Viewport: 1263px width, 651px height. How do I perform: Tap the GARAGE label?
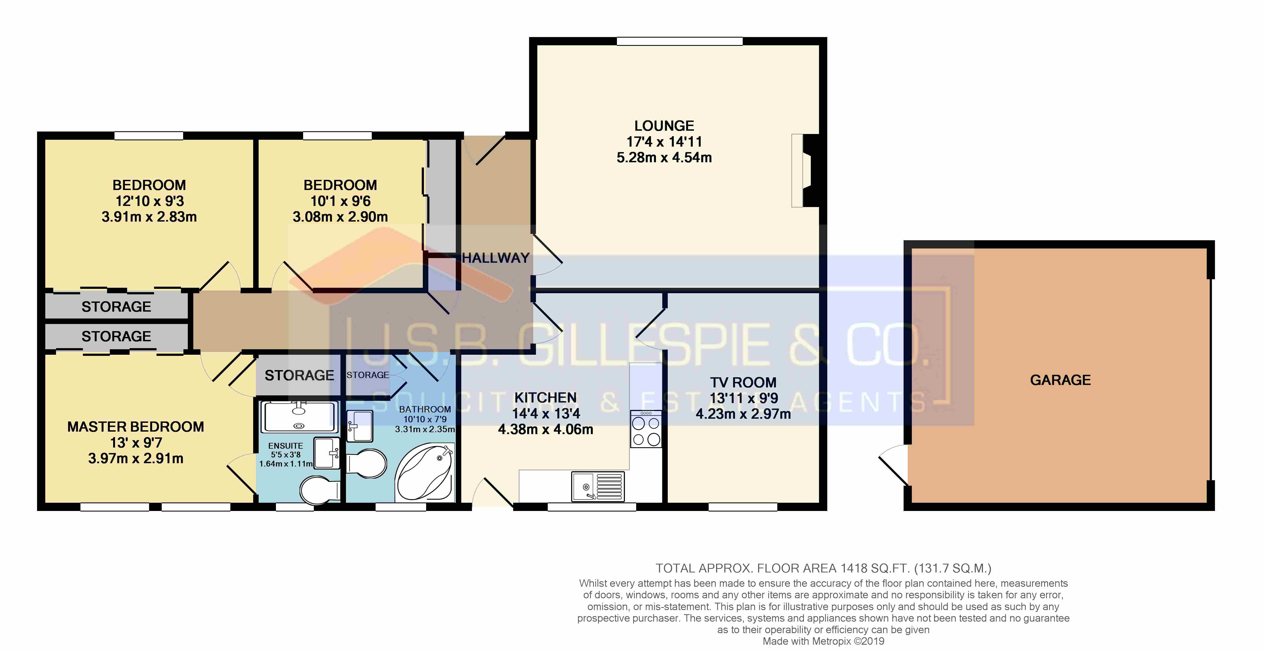tap(1060, 380)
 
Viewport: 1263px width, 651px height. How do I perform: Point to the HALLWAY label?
tap(495, 258)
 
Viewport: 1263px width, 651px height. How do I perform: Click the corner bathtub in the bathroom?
tap(424, 472)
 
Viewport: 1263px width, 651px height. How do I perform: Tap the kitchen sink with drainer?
tap(598, 486)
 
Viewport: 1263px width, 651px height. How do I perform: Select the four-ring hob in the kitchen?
tap(646, 429)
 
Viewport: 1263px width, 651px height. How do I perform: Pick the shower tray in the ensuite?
tap(299, 417)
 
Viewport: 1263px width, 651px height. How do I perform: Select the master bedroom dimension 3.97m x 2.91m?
tap(136, 458)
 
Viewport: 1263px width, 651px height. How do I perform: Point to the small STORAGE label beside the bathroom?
tap(368, 375)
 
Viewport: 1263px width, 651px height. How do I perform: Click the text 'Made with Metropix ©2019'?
tap(823, 641)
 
